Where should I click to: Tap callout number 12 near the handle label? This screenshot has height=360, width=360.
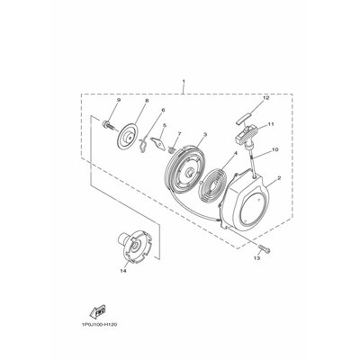[266, 98]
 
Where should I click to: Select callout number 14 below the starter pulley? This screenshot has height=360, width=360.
[123, 271]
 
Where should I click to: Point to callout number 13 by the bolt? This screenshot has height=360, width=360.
[258, 258]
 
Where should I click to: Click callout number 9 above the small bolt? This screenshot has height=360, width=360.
[119, 100]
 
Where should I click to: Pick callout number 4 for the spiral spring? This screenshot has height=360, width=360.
[236, 153]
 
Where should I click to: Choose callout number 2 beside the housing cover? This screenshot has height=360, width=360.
[279, 178]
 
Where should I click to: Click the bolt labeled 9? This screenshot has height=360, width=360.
[108, 124]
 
